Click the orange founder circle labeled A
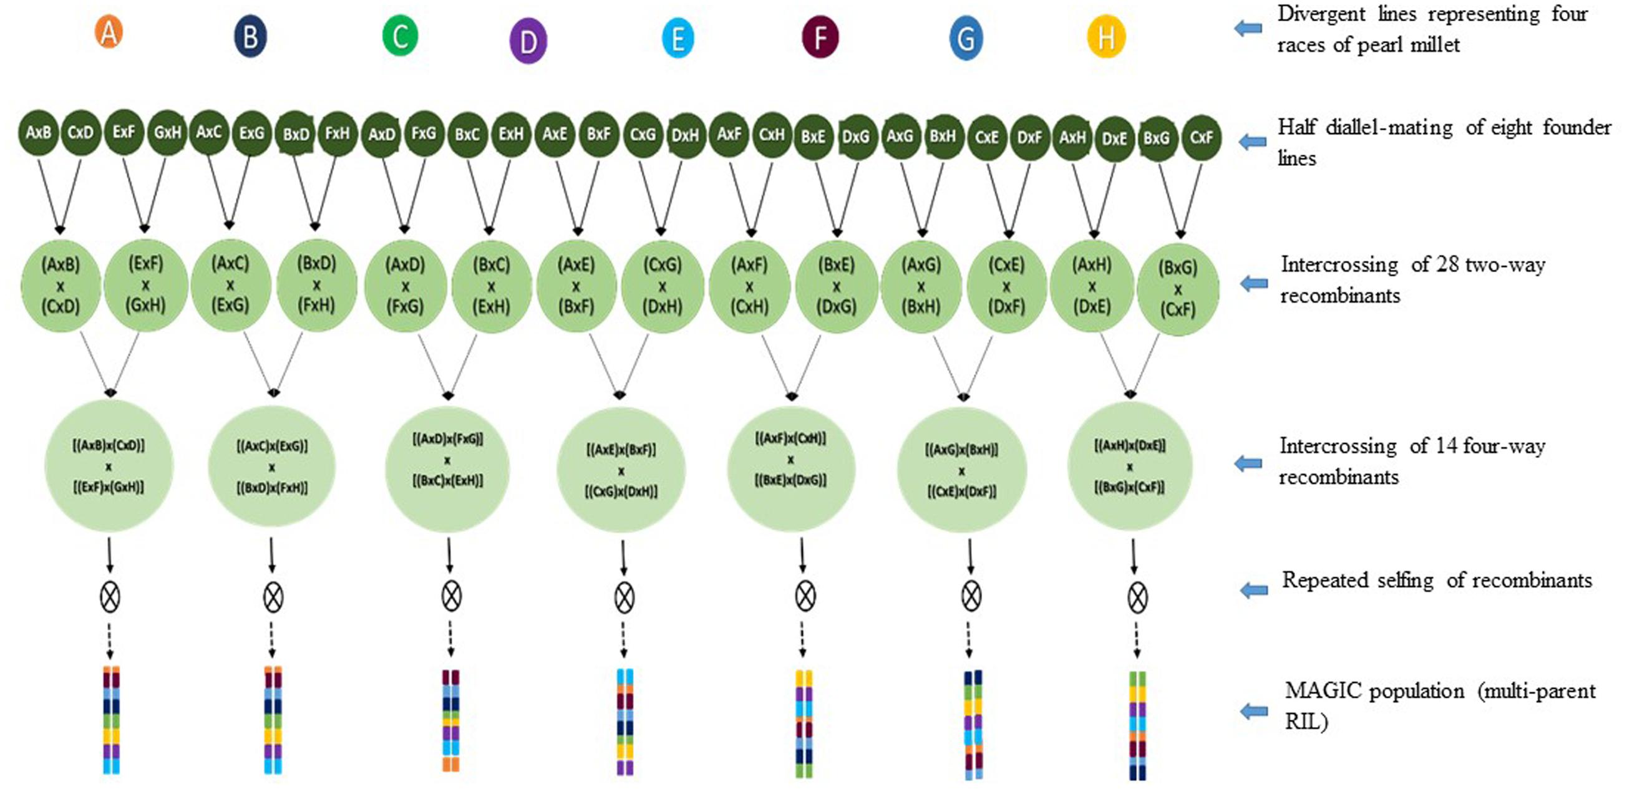click(109, 33)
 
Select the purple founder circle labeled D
click(528, 41)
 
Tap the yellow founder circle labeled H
click(1106, 37)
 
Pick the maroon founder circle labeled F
click(820, 37)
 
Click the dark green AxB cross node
click(39, 133)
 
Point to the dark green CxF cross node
click(1201, 137)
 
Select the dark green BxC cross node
click(467, 135)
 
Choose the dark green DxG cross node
click(856, 137)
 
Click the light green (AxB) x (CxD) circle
click(61, 286)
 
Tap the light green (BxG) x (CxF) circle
click(1177, 289)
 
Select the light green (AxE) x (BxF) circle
click(576, 286)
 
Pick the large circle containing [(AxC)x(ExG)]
click(271, 467)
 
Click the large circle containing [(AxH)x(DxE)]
click(1129, 466)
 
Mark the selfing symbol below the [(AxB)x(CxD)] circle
click(110, 596)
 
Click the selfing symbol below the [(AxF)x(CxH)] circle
click(805, 596)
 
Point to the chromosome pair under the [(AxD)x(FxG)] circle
click(450, 720)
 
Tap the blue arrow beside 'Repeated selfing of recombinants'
click(1254, 590)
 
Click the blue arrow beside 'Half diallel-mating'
click(1251, 142)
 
